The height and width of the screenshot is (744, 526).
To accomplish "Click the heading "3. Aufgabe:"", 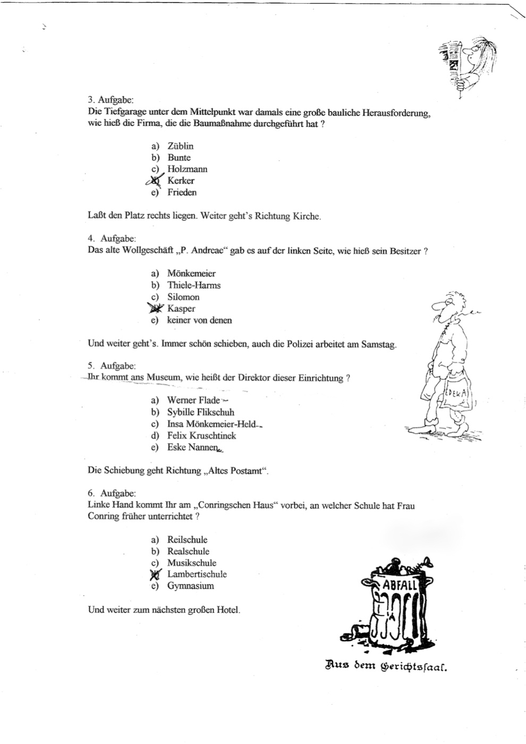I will (111, 99).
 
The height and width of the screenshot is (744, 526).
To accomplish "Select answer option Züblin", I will (180, 146).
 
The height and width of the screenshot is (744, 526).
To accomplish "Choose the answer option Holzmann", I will (187, 170).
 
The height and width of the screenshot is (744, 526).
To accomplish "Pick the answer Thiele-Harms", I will (193, 285).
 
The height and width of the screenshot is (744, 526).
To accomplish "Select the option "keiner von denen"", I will (199, 320).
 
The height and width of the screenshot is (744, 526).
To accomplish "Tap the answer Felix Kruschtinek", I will (201, 436).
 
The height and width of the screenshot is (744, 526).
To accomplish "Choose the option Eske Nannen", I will (192, 447).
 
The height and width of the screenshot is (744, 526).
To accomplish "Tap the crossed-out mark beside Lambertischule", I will (155, 574).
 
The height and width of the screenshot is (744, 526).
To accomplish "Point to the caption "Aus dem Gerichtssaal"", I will (386, 664).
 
